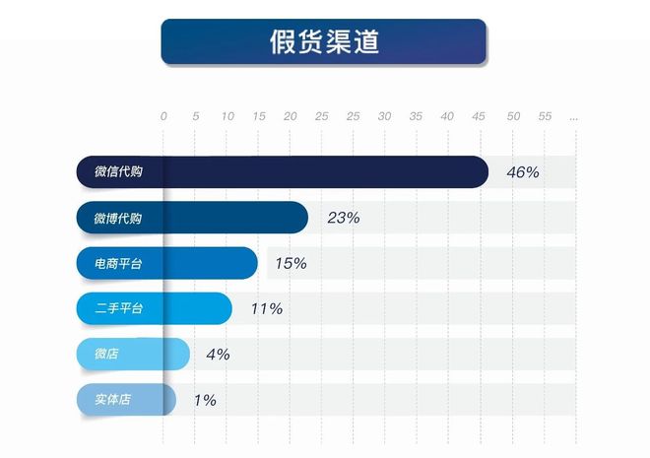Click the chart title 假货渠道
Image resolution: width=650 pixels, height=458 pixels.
click(324, 42)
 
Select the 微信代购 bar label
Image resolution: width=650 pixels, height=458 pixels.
click(118, 172)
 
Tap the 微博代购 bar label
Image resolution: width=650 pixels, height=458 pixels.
click(118, 219)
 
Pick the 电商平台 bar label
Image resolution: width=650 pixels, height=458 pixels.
click(118, 264)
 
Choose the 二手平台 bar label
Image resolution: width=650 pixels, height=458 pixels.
click(118, 309)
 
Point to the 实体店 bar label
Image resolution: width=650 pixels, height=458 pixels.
click(112, 400)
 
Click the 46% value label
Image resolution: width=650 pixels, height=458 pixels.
click(523, 172)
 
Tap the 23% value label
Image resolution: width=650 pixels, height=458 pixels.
click(344, 219)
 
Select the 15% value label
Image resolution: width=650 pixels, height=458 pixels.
click(291, 264)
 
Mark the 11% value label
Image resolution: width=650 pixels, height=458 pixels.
click(267, 309)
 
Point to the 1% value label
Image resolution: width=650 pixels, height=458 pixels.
click(205, 400)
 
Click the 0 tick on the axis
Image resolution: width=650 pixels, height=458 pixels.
click(163, 117)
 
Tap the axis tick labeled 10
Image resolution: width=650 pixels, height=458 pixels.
click(227, 117)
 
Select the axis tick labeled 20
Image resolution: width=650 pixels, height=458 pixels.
click(290, 117)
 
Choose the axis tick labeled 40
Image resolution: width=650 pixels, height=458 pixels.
click(447, 117)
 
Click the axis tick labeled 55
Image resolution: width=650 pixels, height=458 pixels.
click(545, 117)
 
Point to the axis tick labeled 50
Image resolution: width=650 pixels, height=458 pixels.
click(512, 117)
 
